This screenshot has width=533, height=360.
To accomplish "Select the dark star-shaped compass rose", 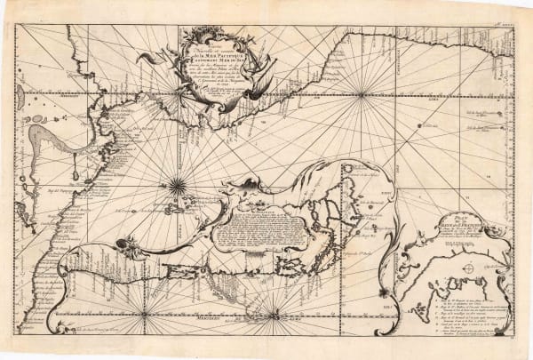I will pyautogui.click(x=178, y=185).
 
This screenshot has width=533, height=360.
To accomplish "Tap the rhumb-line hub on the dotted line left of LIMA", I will pyautogui.click(x=360, y=92).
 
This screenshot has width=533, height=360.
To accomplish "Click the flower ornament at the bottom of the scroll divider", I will pyautogui.click(x=383, y=292).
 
